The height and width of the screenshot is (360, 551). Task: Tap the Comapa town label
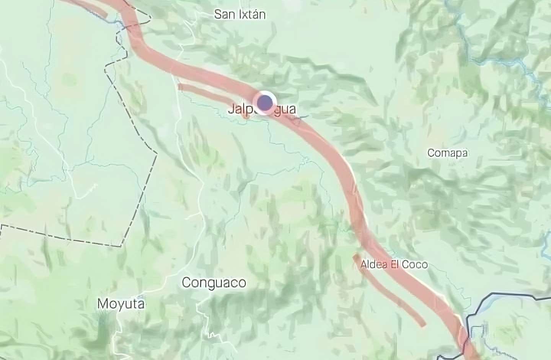(447, 153)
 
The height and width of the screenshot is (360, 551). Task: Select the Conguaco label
(214, 283)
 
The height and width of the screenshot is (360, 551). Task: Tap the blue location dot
(265, 102)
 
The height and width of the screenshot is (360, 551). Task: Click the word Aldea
(373, 265)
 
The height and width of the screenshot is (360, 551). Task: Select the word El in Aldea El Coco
(394, 265)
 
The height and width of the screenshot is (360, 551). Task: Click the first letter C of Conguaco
(186, 283)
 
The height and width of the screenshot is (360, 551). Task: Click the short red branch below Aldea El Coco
(390, 291)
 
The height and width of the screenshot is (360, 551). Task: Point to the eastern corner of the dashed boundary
(156, 154)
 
